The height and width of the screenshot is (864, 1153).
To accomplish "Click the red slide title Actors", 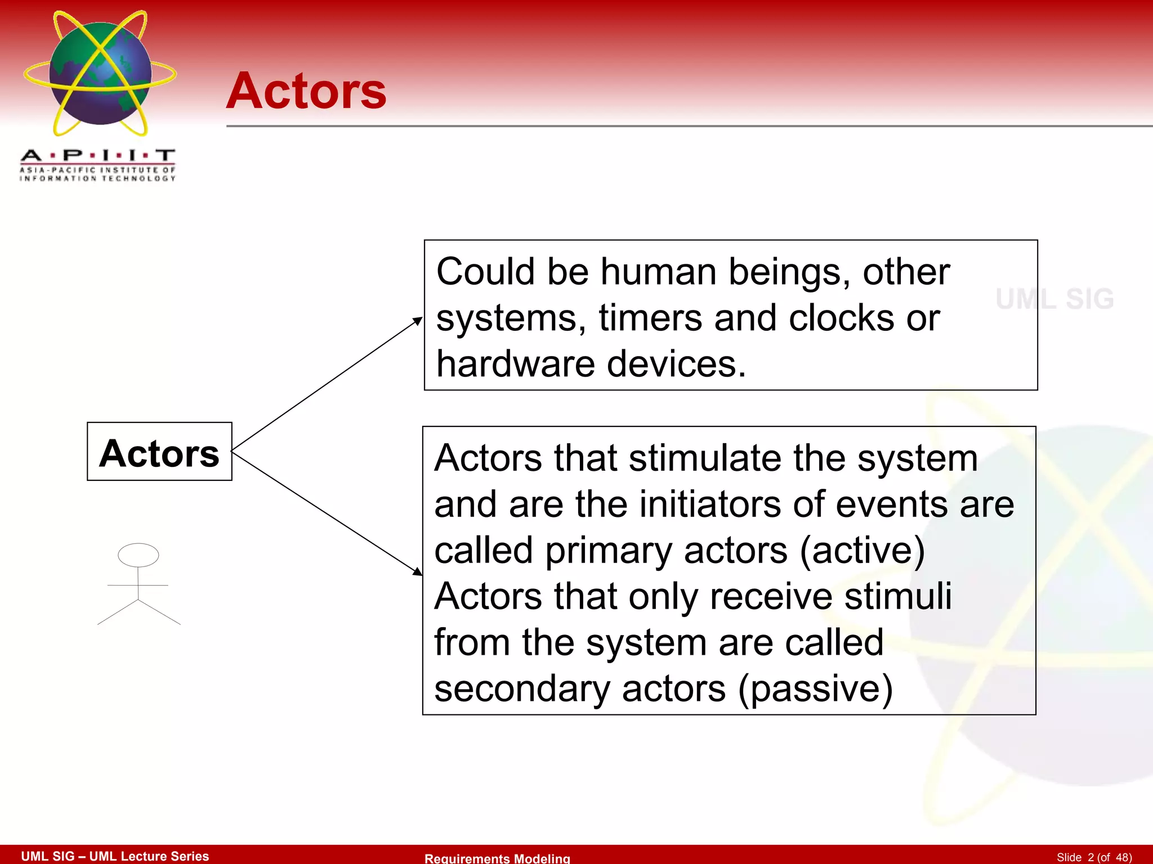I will click(306, 91).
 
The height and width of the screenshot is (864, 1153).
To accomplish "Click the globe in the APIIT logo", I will click(100, 74).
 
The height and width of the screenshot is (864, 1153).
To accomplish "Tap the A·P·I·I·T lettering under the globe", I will click(97, 155).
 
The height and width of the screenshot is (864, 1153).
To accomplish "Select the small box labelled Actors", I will click(159, 452).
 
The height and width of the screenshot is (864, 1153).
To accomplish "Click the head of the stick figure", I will click(138, 555).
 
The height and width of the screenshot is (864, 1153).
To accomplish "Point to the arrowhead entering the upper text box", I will click(418, 321).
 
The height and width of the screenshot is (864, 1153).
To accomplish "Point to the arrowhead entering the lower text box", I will click(417, 571).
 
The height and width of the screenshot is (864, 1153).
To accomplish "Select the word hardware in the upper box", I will click(515, 364).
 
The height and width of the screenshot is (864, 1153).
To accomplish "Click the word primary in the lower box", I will click(609, 551).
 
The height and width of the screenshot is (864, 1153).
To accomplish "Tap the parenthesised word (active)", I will click(862, 551).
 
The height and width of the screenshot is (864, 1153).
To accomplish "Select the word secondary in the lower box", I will click(521, 688).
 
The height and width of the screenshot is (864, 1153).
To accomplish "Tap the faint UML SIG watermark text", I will click(1054, 299).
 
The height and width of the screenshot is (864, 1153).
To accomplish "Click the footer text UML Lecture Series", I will click(149, 856).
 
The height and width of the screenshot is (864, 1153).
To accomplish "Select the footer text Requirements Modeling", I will click(497, 858).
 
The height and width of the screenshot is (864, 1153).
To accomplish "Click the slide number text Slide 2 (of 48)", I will click(1094, 857).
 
